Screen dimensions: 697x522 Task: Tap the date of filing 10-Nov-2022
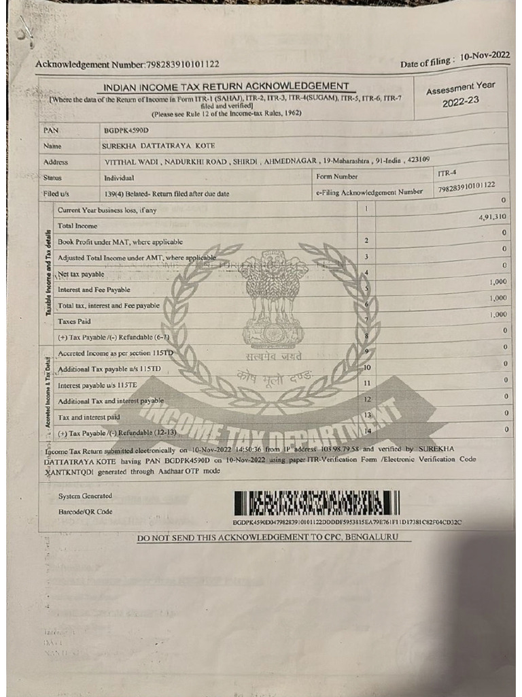pos(485,57)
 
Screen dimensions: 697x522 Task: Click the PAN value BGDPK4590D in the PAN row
pos(126,129)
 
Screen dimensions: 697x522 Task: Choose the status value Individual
pos(119,178)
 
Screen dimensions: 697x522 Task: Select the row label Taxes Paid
pos(74,321)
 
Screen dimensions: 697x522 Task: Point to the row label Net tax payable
pos(81,274)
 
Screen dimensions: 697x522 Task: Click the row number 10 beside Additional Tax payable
pos(366,368)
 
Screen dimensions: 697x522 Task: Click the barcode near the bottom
pos(317,503)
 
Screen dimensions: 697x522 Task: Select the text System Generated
pos(85,496)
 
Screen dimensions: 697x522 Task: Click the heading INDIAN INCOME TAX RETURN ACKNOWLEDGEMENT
pos(226,86)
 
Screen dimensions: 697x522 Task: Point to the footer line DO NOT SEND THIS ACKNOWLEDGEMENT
pos(274,538)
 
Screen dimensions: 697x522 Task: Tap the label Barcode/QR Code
pos(86,512)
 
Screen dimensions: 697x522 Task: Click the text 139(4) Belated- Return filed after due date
pos(166,194)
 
